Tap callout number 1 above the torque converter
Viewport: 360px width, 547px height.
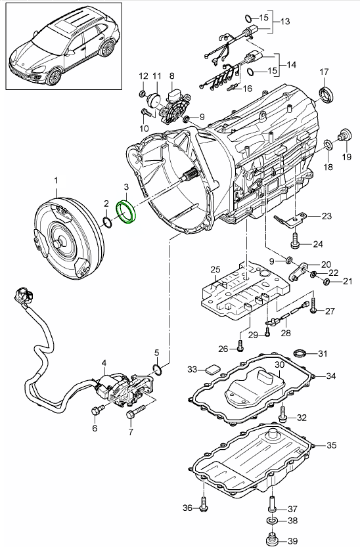pyautogui.click(x=56, y=180)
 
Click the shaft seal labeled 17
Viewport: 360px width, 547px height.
pyautogui.click(x=325, y=93)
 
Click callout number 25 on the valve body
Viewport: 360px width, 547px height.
pyautogui.click(x=214, y=269)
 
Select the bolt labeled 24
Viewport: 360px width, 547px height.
pyautogui.click(x=294, y=242)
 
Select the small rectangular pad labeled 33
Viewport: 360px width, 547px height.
pyautogui.click(x=212, y=369)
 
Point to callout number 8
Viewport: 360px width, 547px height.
pyautogui.click(x=171, y=76)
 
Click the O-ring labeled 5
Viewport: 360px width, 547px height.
pyautogui.click(x=156, y=367)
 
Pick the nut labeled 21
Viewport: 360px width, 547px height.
pyautogui.click(x=326, y=282)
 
